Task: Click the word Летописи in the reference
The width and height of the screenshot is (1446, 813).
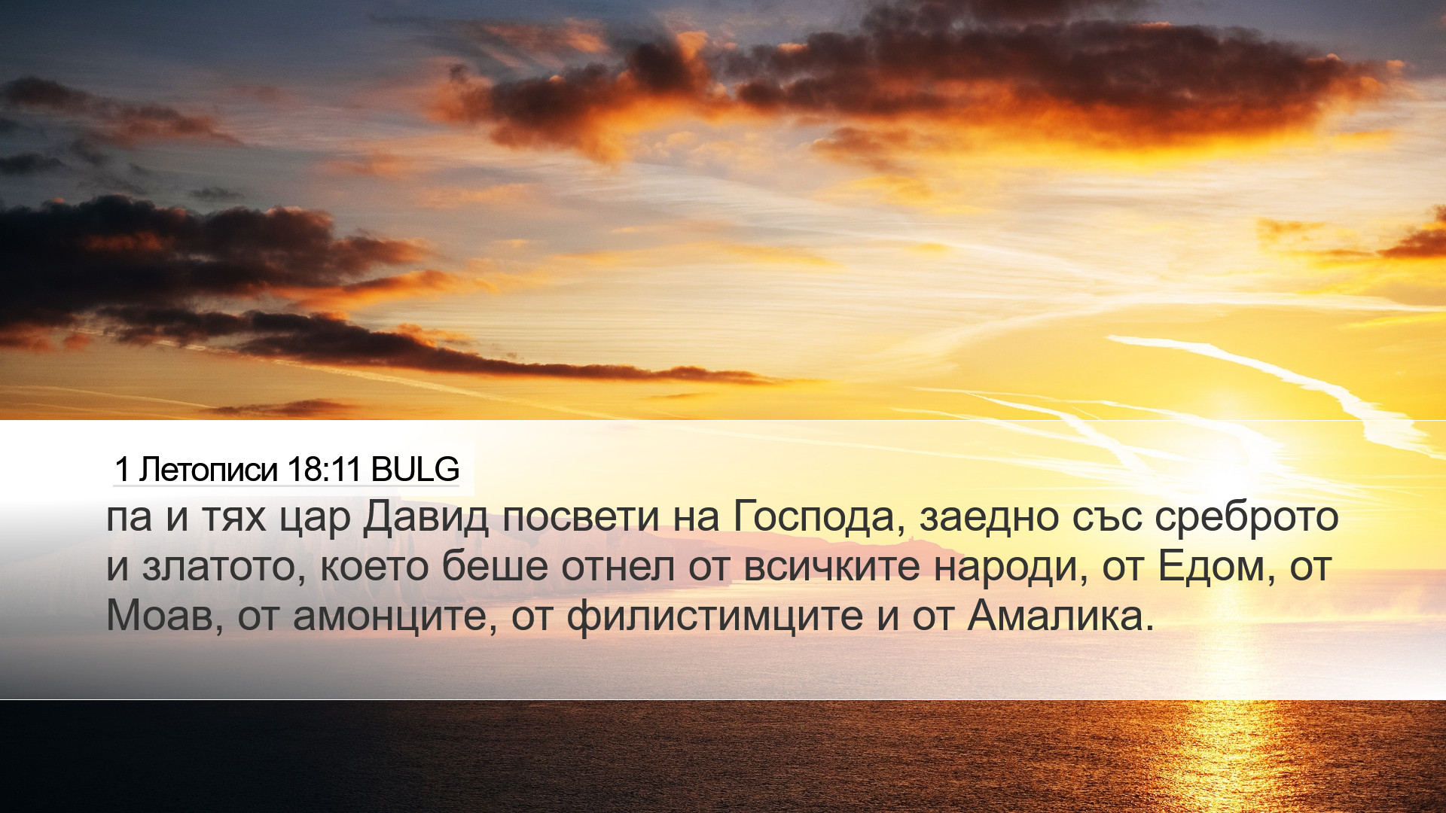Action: (208, 470)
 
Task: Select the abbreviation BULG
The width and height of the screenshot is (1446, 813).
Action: (415, 470)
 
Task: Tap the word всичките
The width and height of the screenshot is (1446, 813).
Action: (831, 566)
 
